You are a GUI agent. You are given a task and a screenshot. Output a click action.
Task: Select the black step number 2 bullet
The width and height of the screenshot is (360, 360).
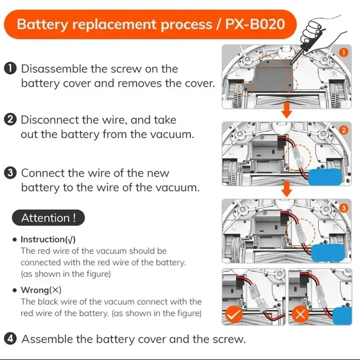(x=10, y=120)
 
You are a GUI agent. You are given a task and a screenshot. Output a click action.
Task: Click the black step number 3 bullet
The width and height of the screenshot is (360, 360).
(x=10, y=173)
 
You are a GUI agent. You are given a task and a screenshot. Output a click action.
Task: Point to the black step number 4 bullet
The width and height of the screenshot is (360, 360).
(x=10, y=338)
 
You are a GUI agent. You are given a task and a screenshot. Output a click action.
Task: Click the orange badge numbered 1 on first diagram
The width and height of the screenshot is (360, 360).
(x=343, y=53)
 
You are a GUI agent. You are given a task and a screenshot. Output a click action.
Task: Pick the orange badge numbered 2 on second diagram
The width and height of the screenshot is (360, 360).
(x=343, y=130)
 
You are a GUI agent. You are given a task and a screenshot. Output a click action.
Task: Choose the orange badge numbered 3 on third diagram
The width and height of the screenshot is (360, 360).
(x=343, y=208)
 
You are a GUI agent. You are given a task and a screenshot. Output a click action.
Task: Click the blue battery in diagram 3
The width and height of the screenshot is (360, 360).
(x=330, y=253)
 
